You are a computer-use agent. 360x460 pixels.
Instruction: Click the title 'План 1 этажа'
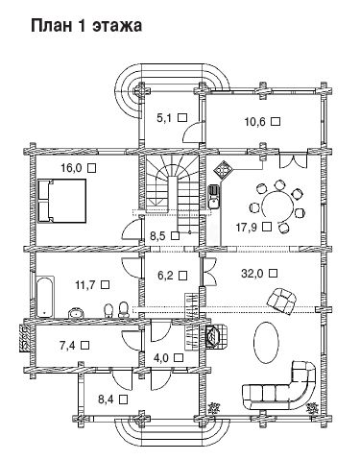86,26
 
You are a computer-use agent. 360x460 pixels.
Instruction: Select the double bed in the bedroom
62,201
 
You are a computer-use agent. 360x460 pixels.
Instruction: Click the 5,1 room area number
164,118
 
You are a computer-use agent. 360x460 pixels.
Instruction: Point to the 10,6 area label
255,122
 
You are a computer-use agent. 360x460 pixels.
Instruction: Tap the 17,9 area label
247,227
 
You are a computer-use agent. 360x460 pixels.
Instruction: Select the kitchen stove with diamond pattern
223,169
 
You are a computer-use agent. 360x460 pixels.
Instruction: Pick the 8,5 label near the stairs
157,236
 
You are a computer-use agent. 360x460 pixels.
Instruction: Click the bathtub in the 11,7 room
45,298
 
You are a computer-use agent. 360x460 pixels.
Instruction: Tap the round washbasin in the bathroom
77,313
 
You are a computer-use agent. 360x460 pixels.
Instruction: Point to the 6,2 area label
165,276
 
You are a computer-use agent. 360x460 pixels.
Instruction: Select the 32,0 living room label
252,274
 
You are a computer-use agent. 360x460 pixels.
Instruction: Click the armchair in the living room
281,300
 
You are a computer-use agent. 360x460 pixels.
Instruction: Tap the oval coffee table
265,342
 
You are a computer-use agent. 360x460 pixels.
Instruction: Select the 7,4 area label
67,346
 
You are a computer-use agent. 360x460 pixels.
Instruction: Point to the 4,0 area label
161,357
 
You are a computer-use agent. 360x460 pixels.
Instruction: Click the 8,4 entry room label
107,399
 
